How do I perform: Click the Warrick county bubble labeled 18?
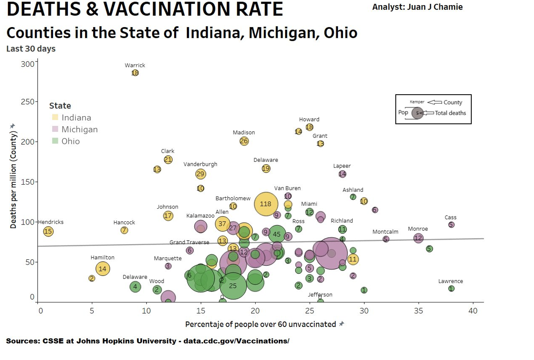coord(135,73)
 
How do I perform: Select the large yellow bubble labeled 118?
coord(266,204)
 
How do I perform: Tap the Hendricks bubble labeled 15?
coord(48,231)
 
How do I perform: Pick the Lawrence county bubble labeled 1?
coord(451,288)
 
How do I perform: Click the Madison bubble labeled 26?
coord(244,141)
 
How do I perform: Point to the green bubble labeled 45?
coord(277,235)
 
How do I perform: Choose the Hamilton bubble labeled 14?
coord(103,269)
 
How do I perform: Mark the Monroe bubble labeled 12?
coord(418,238)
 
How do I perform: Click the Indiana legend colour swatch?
coord(55,117)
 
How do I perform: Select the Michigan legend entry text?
coord(79,129)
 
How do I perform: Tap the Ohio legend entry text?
coord(71,141)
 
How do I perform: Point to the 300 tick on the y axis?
coord(28,64)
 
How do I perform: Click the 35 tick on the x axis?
coord(418,311)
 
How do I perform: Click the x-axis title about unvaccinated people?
coord(260,324)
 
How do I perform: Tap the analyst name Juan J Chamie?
coord(417,7)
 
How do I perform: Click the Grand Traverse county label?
coord(189,242)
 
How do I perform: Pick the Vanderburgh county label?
coord(200,164)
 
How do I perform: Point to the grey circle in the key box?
coord(417,113)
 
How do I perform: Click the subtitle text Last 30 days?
coord(31,49)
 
